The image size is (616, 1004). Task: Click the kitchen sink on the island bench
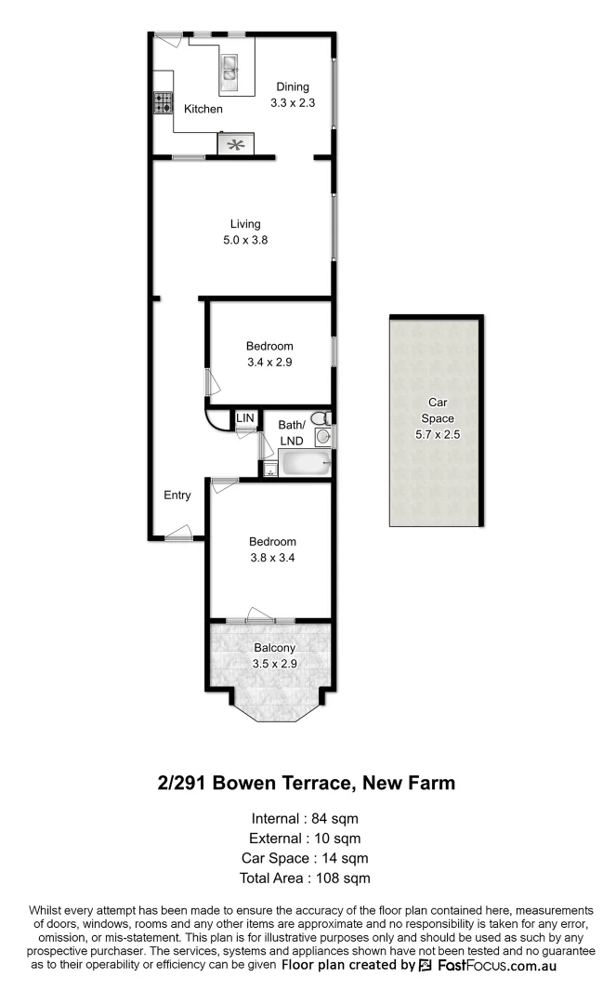[x=229, y=66]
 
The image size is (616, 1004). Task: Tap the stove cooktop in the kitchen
[x=164, y=102]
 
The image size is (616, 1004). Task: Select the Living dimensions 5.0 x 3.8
[x=245, y=240]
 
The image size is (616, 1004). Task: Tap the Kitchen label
[x=203, y=109]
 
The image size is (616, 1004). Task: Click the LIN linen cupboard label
[x=244, y=419]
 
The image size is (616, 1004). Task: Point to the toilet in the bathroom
[x=319, y=419]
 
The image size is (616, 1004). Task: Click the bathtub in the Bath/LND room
[x=304, y=463]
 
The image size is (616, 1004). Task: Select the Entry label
[x=177, y=495]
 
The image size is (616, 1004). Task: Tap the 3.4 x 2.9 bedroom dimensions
[x=269, y=363]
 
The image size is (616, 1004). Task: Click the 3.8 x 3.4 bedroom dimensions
[x=272, y=558]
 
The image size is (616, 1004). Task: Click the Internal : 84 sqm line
[x=305, y=819]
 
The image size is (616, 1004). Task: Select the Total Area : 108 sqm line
[x=306, y=878]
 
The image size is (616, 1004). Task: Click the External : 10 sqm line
[x=305, y=839]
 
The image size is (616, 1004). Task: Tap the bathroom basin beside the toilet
[x=322, y=436]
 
